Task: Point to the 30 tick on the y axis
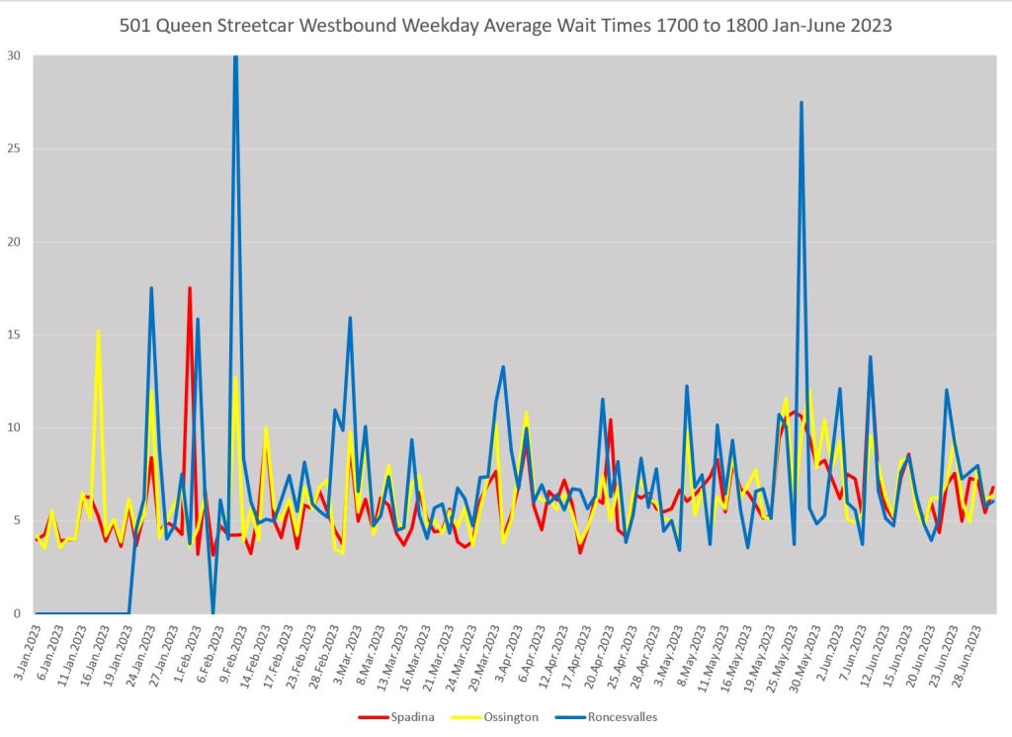pyautogui.click(x=16, y=55)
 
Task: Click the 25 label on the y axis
pyautogui.click(x=16, y=148)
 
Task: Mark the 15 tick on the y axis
pyautogui.click(x=16, y=334)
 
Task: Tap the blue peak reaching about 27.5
pyautogui.click(x=801, y=103)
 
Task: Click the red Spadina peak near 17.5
pyautogui.click(x=190, y=289)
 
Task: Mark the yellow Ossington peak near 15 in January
pyautogui.click(x=98, y=331)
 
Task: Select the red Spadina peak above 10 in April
pyautogui.click(x=611, y=420)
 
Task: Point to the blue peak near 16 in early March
pyautogui.click(x=350, y=319)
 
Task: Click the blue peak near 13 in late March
pyautogui.click(x=503, y=368)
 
